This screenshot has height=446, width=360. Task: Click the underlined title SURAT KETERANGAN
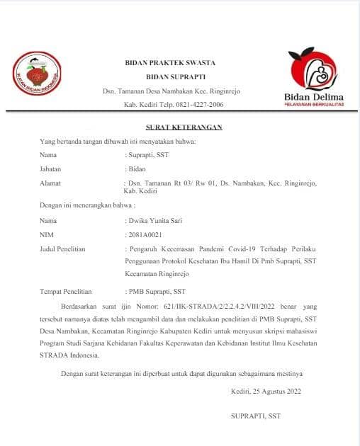(184, 127)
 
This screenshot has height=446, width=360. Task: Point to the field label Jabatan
(50, 169)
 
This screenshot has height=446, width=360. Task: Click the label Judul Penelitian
(63, 248)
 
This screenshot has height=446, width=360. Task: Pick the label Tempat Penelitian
(66, 290)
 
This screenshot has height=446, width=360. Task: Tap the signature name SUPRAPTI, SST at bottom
(255, 416)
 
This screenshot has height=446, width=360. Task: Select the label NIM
(47, 234)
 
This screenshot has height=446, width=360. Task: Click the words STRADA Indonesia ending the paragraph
(70, 355)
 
